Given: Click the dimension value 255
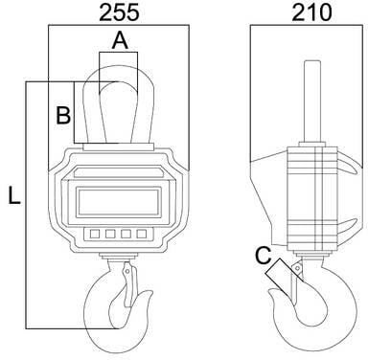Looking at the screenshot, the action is point(119,13).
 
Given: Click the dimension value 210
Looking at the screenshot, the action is point(311,13).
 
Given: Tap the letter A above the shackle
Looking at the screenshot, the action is point(120,41).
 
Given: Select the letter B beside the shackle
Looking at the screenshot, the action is point(63,115).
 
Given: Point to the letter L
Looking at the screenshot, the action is point(14,195).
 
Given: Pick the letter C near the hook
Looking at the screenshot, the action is point(264,256).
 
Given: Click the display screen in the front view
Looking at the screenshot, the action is point(118,202).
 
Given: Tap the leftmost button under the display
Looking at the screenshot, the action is point(95,234).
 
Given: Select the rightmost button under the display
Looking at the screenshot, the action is point(142,234).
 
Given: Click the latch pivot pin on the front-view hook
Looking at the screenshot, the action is point(127,271).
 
